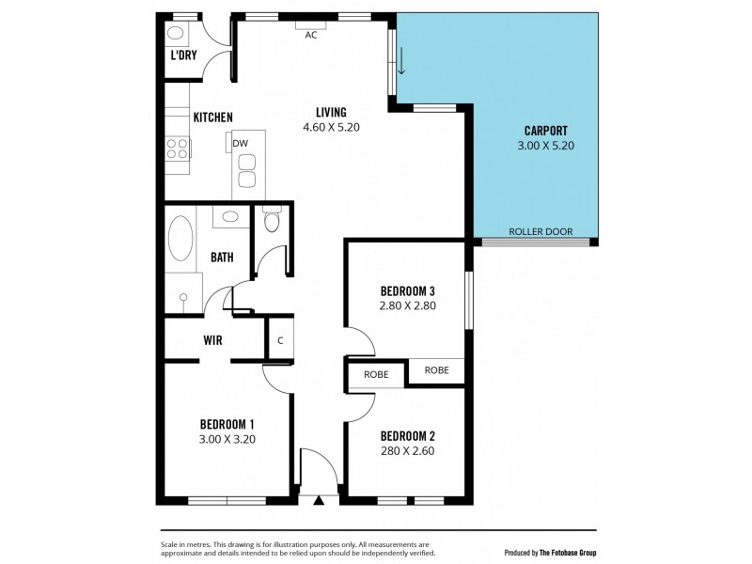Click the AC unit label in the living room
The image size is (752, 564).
coord(311,36)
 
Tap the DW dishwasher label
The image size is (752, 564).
coord(241,143)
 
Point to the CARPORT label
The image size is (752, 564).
coord(545,131)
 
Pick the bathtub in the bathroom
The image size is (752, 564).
coord(181,241)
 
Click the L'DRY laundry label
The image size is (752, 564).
coord(182,55)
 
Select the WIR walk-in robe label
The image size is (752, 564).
coord(212,340)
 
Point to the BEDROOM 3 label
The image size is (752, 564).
coord(408,290)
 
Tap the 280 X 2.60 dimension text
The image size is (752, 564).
coord(408,450)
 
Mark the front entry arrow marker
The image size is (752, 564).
coord(319,500)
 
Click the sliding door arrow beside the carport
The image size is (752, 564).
coord(401,62)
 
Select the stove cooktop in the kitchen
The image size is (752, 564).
coord(179,148)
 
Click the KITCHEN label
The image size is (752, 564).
coord(212,117)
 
